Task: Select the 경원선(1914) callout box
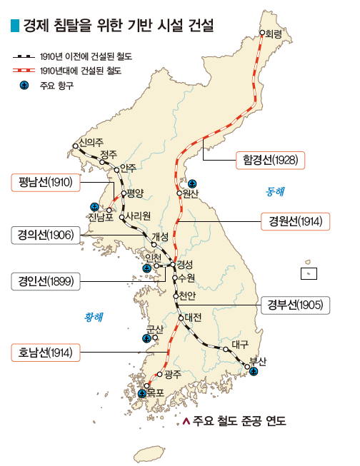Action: [x=294, y=221]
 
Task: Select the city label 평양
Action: [x=135, y=193]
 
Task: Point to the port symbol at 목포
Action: [x=142, y=394]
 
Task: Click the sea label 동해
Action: [x=274, y=191]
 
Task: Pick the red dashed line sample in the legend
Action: [x=24, y=71]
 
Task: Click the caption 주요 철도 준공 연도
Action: [x=238, y=421]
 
